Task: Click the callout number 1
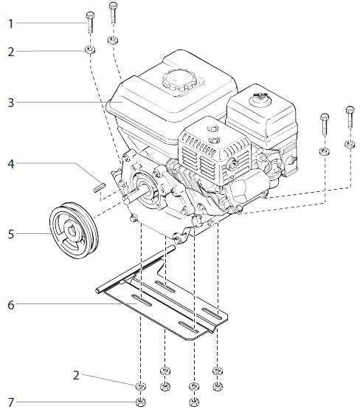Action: point(10,24)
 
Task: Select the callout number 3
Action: point(10,103)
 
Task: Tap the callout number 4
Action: point(10,163)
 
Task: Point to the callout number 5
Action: point(10,235)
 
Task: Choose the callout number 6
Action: point(10,303)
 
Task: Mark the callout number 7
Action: point(10,402)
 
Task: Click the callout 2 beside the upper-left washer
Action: point(10,52)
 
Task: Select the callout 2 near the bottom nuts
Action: point(75,375)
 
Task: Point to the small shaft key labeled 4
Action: point(101,185)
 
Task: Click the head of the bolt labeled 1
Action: point(89,14)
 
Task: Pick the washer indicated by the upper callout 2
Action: point(89,51)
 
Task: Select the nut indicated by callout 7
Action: point(140,402)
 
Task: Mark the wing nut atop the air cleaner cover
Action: point(260,96)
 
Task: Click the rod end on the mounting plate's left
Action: point(98,293)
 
